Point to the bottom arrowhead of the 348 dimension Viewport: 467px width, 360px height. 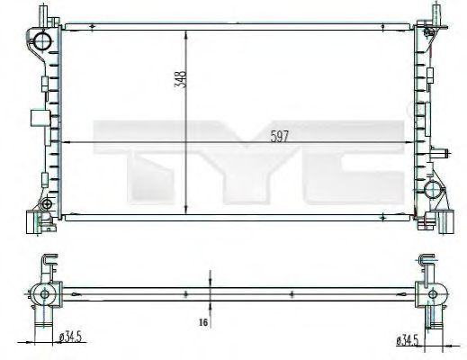(x=186, y=208)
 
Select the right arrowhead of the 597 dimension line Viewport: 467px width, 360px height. (x=408, y=142)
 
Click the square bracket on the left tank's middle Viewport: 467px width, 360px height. (x=38, y=117)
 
